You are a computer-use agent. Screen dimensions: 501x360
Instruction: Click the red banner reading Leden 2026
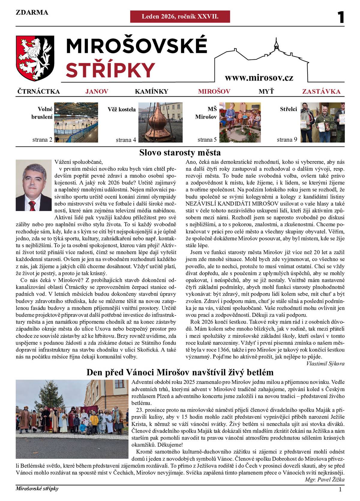point(180,17)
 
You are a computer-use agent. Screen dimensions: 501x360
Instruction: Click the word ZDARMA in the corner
point(32,12)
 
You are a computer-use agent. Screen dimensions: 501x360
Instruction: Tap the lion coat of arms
point(35,58)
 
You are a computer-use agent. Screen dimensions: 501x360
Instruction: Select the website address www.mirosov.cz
point(259,78)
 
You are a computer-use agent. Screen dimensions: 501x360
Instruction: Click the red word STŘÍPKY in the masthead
point(110,70)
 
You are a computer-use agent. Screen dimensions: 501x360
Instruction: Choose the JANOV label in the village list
point(97,92)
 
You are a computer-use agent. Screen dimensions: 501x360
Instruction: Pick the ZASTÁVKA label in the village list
point(321,92)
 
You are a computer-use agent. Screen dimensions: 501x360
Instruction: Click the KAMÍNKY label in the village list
point(151,92)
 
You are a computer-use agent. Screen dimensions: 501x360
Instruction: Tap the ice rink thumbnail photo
point(76,122)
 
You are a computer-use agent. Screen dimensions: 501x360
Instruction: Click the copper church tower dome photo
point(160,122)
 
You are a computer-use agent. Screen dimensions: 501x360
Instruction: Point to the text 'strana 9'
point(287,140)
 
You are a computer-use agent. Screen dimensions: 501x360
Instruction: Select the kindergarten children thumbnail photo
point(240,122)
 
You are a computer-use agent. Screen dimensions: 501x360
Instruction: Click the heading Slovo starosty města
point(180,153)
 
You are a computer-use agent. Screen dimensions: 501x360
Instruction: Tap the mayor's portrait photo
point(34,185)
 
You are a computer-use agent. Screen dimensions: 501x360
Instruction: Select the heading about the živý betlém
point(180,373)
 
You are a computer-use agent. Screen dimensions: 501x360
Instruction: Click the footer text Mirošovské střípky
point(37,489)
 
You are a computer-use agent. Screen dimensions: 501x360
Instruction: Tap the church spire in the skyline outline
point(276,44)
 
